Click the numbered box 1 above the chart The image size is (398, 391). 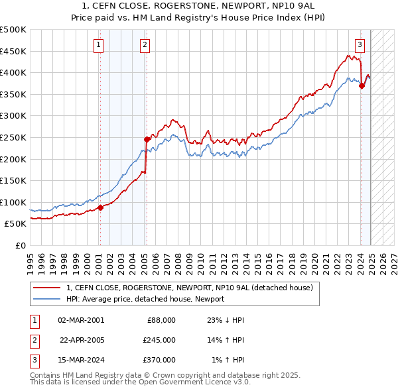[x=99, y=45]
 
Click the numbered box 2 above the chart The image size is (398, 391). [x=145, y=45]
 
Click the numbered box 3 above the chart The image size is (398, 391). [x=360, y=45]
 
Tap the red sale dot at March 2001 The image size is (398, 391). [x=100, y=207]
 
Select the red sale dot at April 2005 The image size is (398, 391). [x=147, y=139]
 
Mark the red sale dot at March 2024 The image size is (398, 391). [x=362, y=85]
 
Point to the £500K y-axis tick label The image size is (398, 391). [x=13, y=30]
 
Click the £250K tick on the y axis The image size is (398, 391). [x=13, y=137]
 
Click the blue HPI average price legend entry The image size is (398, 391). [x=145, y=299]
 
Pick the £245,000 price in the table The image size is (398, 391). [x=159, y=340]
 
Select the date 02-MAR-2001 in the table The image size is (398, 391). [x=81, y=320]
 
